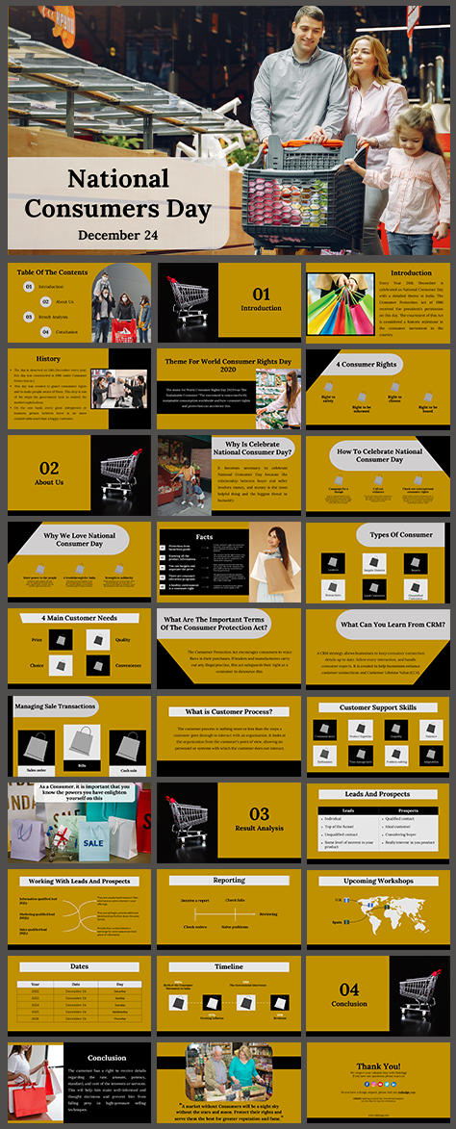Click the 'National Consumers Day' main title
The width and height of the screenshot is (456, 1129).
click(x=117, y=192)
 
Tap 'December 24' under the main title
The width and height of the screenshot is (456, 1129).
click(x=117, y=235)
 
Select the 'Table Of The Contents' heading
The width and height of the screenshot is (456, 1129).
click(x=52, y=272)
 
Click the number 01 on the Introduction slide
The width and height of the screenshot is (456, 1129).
click(x=261, y=294)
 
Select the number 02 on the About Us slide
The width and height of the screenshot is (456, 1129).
click(x=48, y=469)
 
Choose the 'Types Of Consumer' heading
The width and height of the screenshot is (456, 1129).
click(x=399, y=535)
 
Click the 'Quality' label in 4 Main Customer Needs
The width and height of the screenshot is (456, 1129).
click(x=123, y=639)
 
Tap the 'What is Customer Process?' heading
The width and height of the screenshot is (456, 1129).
click(x=229, y=712)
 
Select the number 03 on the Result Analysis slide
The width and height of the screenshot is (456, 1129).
click(x=260, y=814)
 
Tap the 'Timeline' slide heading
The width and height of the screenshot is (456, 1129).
click(x=229, y=966)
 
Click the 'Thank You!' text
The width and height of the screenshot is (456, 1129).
click(x=377, y=1065)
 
